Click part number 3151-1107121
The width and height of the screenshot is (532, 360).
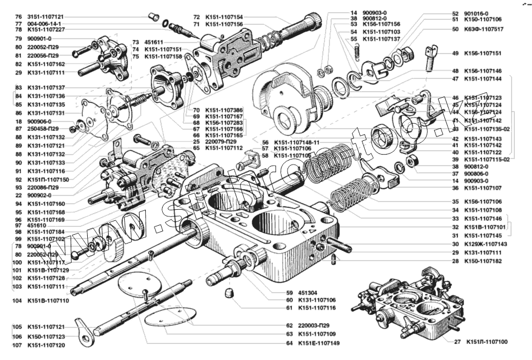46,17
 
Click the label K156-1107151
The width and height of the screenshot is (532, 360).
483,54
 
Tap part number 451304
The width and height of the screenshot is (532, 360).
307,293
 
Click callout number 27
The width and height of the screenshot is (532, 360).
457,342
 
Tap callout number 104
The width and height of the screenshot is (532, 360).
17,301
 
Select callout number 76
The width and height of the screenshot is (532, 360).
18,17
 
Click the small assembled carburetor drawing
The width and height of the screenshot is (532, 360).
411,304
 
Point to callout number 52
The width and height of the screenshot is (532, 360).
455,13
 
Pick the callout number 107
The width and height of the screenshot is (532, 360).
17,345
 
